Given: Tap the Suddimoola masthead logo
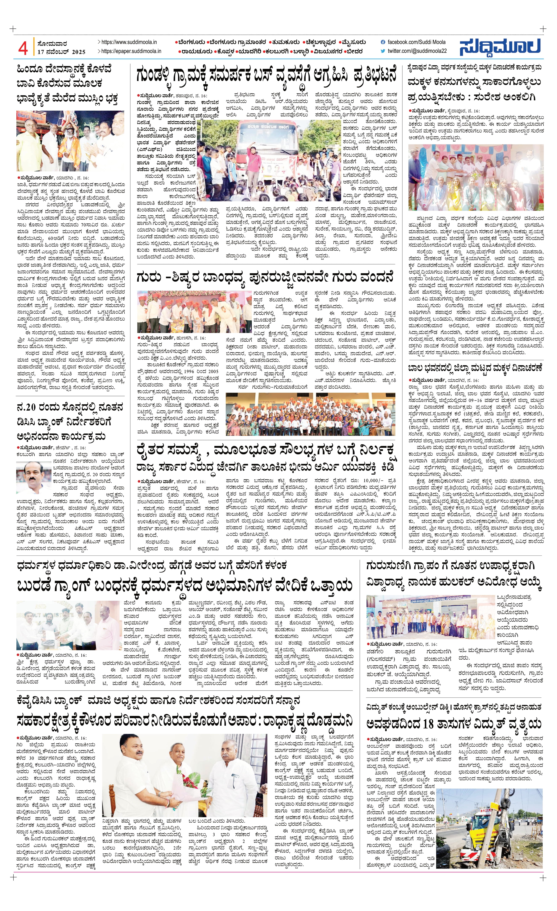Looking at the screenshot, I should click(500, 47).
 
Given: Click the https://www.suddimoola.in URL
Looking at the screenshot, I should click(129, 42).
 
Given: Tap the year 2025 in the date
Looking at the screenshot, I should click(79, 52).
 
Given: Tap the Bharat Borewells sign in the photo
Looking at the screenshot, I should click(30, 118).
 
